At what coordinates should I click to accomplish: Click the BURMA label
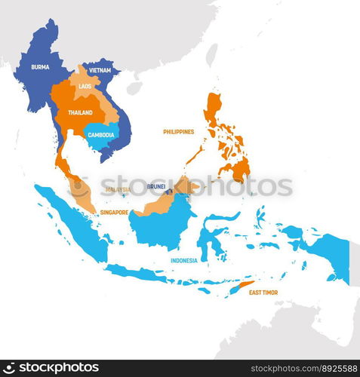[40, 67]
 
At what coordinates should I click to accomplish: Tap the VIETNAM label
[100, 70]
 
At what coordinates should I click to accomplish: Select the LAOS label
[84, 87]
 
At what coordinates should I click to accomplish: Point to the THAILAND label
[80, 112]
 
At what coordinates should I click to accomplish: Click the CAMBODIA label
[101, 135]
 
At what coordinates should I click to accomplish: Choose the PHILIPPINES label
[178, 131]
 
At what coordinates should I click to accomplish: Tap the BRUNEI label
[156, 185]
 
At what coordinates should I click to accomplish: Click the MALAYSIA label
[118, 189]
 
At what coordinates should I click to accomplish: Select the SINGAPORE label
[114, 213]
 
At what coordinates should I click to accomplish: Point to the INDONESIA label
[183, 260]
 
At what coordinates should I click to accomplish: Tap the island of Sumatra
[72, 222]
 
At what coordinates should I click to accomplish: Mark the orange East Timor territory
[243, 286]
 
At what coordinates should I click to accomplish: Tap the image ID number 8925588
[331, 367]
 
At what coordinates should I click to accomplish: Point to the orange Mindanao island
[238, 169]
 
